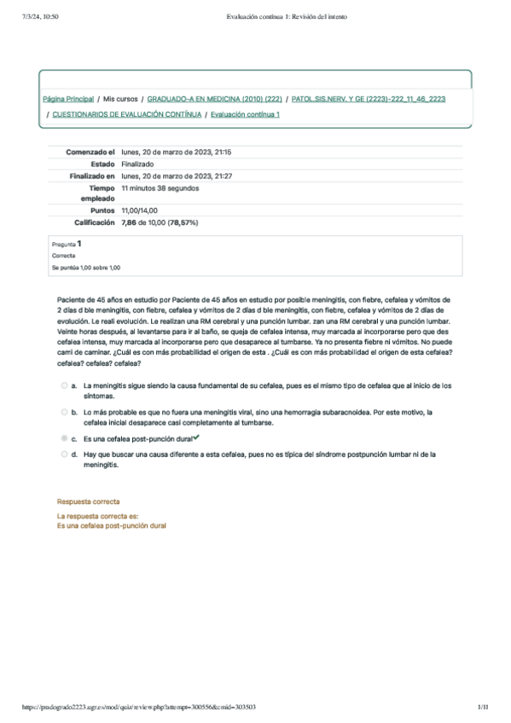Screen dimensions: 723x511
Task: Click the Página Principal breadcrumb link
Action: pos(67,100)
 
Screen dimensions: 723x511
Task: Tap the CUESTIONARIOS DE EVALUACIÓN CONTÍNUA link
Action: pos(127,114)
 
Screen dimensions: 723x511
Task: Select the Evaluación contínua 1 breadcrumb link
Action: pos(245,114)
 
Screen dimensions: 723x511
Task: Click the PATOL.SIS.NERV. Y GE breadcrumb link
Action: pos(368,100)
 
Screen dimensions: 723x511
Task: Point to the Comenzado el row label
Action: pos(90,152)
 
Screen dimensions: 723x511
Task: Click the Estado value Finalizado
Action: pos(137,164)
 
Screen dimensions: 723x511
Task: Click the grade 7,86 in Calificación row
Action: pos(130,222)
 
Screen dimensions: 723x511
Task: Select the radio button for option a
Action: pos(64,385)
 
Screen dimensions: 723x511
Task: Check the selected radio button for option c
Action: pos(64,437)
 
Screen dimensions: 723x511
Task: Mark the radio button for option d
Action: pos(64,454)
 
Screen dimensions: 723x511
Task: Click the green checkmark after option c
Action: pos(196,437)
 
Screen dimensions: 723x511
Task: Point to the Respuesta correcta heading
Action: pos(88,501)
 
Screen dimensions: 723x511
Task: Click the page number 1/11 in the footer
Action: pos(483,707)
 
